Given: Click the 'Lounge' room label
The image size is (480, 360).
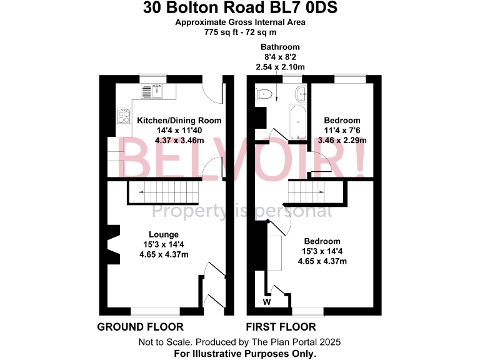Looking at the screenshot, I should coord(163,234).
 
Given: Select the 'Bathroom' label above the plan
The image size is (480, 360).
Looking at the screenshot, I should coord(280,47).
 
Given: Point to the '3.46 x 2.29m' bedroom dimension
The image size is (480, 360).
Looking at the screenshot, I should coord(342,141).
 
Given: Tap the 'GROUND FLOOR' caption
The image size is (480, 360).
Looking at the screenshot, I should coord(141,327).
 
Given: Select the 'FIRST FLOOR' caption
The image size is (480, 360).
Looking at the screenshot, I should coord(281,327).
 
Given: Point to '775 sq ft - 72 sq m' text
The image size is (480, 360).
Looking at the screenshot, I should coord(241,32).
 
